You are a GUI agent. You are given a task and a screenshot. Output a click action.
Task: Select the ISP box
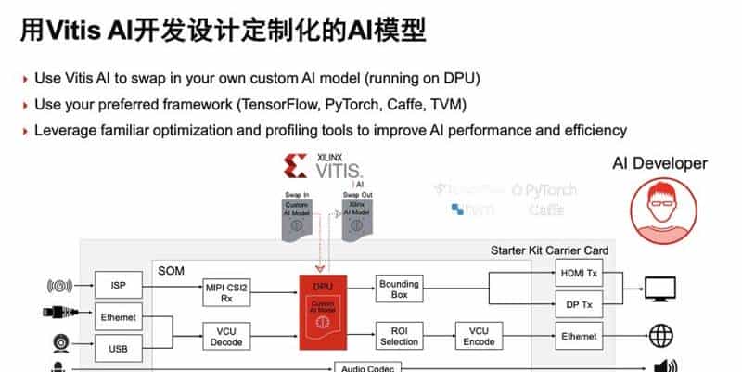pos(119,284)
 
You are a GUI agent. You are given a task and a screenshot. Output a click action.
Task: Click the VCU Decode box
pos(228,335)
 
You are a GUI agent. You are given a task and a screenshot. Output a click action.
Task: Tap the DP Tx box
pos(580,303)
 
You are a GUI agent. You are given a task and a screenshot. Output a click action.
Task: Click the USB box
pos(119,349)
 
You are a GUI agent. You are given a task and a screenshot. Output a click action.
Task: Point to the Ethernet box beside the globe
pos(580,335)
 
